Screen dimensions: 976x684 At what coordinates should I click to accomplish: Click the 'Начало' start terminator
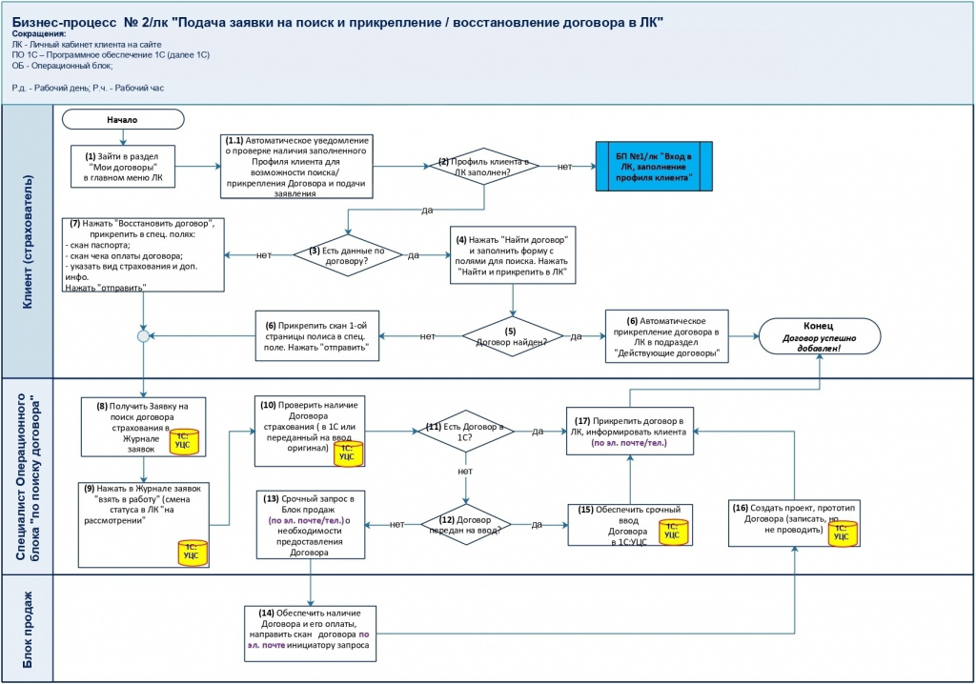(x=123, y=119)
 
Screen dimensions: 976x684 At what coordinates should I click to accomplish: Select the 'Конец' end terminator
(x=819, y=336)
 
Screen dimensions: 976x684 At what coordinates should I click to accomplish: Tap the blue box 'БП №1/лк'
(x=654, y=166)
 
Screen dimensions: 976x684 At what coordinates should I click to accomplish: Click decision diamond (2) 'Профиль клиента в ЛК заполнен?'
(x=484, y=166)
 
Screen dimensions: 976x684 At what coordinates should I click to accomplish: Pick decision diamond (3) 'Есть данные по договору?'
(x=347, y=254)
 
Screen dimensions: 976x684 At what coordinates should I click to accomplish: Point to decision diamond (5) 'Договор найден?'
(x=512, y=336)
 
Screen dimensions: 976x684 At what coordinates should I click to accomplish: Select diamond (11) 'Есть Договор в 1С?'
(x=465, y=431)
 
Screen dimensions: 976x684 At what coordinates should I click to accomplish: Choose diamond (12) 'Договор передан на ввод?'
(x=465, y=525)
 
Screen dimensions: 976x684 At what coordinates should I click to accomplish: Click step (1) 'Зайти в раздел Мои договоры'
(x=123, y=166)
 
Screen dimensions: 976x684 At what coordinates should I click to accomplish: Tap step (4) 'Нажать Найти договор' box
(x=513, y=255)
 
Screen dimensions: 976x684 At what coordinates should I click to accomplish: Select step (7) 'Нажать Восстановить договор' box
(x=143, y=254)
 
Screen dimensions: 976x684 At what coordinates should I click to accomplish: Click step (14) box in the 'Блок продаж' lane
(x=310, y=634)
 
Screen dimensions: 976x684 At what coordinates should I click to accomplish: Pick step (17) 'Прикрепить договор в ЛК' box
(x=629, y=431)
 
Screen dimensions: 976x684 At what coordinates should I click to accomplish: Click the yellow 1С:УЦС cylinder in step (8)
(x=185, y=441)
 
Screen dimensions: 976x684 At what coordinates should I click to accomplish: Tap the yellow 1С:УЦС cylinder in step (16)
(x=843, y=533)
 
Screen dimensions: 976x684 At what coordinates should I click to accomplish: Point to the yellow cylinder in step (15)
(x=674, y=533)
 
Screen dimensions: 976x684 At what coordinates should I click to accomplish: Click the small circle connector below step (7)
(x=143, y=336)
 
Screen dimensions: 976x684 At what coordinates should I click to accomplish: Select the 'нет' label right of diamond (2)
(x=564, y=166)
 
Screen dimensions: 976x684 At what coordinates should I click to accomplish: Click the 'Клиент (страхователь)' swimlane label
(x=28, y=241)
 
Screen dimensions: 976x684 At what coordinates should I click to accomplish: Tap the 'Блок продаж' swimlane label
(x=28, y=630)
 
